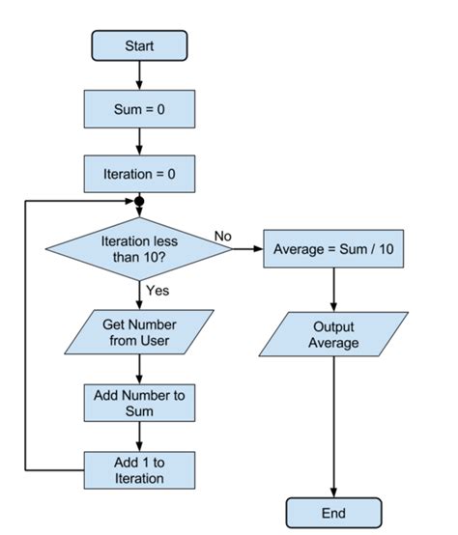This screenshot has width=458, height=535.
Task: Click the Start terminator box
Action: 139,45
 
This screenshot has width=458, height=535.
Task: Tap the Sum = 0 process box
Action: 140,109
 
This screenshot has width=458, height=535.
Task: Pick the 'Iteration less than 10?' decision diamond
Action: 140,248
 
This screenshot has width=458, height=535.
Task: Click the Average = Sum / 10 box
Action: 333,248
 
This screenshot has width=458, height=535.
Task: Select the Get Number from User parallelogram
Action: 140,333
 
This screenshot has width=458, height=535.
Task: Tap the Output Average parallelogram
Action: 333,334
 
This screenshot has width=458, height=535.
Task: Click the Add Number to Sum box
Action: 140,403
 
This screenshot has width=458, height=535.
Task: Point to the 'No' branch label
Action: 222,236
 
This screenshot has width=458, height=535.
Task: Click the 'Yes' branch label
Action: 157,290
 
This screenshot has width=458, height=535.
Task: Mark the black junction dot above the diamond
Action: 140,204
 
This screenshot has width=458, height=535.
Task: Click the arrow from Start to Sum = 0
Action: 140,75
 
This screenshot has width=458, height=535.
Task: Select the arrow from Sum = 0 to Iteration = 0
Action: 140,141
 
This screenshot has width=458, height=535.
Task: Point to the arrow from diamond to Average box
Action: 246,249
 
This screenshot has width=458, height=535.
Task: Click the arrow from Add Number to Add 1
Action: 140,436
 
